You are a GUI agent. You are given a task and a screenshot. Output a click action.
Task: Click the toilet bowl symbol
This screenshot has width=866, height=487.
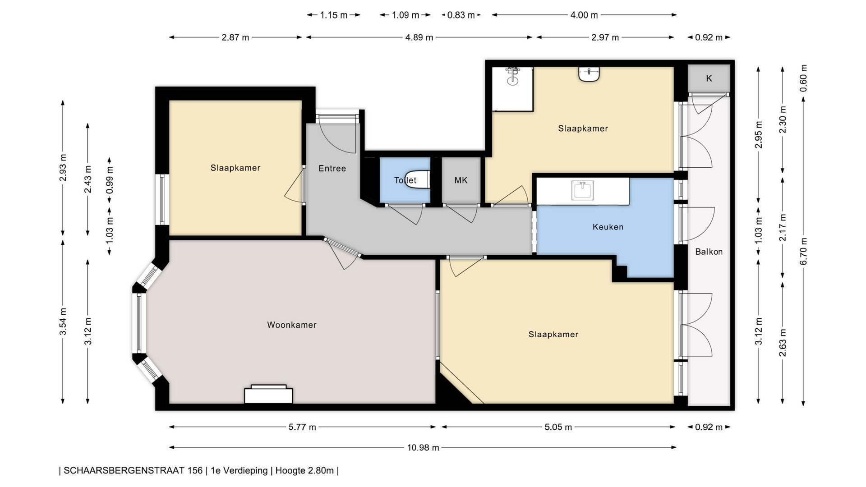coord(417,179)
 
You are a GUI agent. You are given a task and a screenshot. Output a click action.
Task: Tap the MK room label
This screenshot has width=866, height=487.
coord(461,180)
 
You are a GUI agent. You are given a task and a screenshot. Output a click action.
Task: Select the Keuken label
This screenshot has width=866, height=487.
coord(608,227)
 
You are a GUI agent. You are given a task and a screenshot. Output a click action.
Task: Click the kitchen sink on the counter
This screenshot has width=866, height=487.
coord(583,190)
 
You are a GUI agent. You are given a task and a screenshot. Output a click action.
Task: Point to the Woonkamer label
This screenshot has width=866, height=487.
coord(292,325)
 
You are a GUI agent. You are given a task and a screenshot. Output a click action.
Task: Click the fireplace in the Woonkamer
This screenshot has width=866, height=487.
coord(268,394)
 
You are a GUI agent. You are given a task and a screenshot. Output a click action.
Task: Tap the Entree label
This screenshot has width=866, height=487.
coord(332,168)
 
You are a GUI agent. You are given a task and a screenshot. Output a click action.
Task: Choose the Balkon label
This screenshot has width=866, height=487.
coord(709,252)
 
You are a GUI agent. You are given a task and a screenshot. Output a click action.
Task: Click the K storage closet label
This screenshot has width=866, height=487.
coord(709,78)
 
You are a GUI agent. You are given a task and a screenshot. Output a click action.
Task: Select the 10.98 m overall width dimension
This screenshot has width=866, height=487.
coord(423,447)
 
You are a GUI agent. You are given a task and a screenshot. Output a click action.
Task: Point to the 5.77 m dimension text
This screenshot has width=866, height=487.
coord(302,427)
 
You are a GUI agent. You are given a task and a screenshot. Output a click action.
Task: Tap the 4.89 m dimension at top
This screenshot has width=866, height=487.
coord(419,37)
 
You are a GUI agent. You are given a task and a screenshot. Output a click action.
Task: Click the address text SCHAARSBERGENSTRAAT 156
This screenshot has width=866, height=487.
coord(133,470)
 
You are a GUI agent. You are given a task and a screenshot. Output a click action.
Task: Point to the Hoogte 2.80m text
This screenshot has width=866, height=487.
coord(304,470)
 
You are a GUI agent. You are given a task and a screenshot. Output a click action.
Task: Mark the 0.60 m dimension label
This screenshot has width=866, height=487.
coord(804,78)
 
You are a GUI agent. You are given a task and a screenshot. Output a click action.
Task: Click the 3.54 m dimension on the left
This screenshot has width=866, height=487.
coord(63,321)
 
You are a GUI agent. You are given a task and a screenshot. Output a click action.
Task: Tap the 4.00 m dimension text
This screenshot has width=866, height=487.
coord(584,15)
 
